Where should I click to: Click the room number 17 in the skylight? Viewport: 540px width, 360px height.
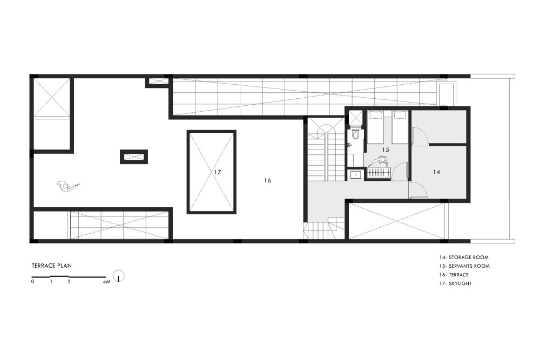(217, 172)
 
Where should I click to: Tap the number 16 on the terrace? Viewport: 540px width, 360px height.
(268, 180)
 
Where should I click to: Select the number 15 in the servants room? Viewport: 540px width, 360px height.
(386, 150)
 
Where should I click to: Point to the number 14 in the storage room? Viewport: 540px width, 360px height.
(436, 172)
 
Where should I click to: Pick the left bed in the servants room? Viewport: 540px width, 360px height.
(375, 127)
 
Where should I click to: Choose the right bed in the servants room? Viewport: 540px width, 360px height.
(400, 127)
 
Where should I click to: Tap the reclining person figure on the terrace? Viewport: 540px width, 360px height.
(68, 186)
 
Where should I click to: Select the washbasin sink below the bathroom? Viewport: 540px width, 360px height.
(355, 175)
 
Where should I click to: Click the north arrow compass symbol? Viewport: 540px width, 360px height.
(118, 276)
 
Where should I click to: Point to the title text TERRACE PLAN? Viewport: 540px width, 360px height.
(52, 266)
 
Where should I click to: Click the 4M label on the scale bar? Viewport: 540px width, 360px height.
(106, 282)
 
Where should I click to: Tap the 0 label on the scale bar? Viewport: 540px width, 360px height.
(33, 282)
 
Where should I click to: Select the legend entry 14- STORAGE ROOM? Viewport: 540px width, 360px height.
(463, 257)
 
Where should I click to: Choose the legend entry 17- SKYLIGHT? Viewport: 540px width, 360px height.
(455, 283)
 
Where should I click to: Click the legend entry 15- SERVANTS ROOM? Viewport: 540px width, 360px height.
(464, 266)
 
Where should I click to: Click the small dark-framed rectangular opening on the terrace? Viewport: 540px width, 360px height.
(134, 157)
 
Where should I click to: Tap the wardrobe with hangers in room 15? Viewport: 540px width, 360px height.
(378, 173)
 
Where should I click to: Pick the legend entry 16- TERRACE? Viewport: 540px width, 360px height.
(454, 275)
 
